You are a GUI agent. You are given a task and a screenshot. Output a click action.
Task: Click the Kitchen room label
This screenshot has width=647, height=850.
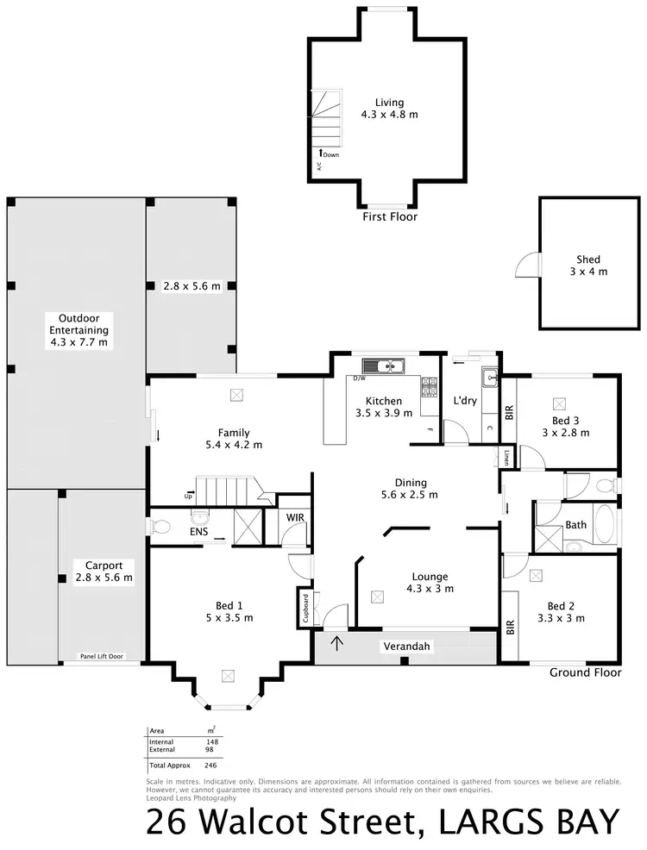pos(383,401)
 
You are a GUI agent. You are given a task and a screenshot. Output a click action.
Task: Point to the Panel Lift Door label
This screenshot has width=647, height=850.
pos(101,656)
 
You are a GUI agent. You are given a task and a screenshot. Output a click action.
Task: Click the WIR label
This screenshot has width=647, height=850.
pos(295,518)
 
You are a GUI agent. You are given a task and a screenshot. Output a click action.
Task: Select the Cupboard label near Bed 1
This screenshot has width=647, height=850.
pos(305,607)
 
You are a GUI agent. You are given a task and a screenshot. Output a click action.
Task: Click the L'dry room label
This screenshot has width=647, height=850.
pos(465,401)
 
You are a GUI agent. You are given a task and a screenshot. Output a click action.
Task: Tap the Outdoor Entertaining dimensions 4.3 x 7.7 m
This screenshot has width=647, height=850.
pos(78,342)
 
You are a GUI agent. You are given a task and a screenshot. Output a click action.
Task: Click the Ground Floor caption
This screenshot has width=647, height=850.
pos(585,672)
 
